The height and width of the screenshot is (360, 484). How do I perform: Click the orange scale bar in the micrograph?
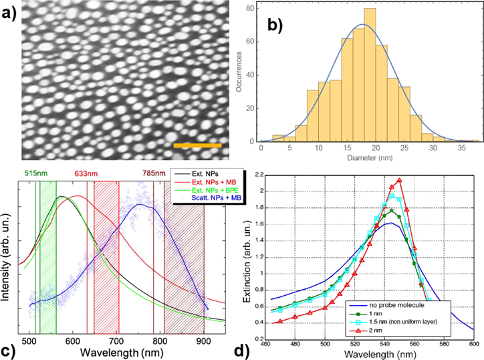197,145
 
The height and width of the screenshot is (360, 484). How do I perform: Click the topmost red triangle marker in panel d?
399,180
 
